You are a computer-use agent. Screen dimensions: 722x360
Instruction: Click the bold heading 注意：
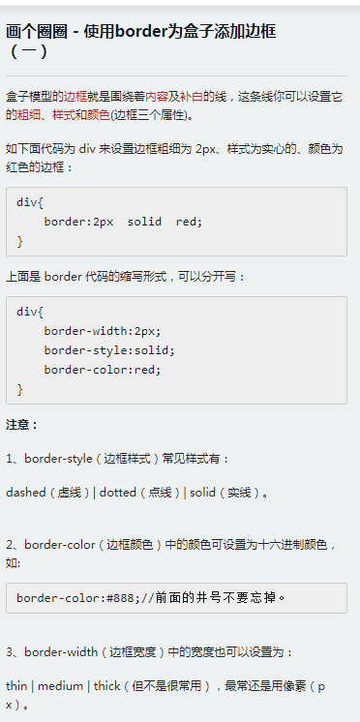click(22, 424)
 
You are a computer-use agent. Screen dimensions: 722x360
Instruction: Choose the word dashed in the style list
click(26, 493)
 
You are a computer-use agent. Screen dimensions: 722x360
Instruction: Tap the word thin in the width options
click(16, 685)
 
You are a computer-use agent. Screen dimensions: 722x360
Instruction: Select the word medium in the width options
click(60, 685)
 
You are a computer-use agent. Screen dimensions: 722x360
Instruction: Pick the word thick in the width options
click(106, 685)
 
